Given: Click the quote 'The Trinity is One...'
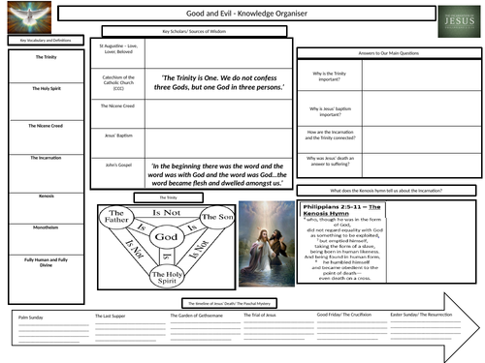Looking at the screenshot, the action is click(x=222, y=83).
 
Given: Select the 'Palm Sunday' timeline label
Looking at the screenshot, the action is click(x=32, y=316).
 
